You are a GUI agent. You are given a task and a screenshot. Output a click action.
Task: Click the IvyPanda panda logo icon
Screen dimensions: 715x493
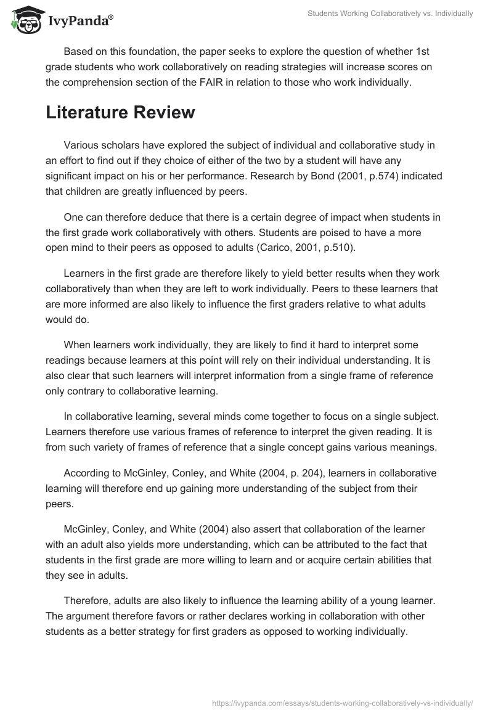point(25,18)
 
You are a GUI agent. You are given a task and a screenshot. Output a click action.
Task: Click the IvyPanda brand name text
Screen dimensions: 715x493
point(79,21)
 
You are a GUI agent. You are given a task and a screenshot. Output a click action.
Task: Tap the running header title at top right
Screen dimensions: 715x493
point(391,14)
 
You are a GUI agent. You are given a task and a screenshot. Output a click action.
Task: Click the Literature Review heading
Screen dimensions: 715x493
point(120,112)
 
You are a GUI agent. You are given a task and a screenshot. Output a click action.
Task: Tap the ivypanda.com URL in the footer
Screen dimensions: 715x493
point(343,702)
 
